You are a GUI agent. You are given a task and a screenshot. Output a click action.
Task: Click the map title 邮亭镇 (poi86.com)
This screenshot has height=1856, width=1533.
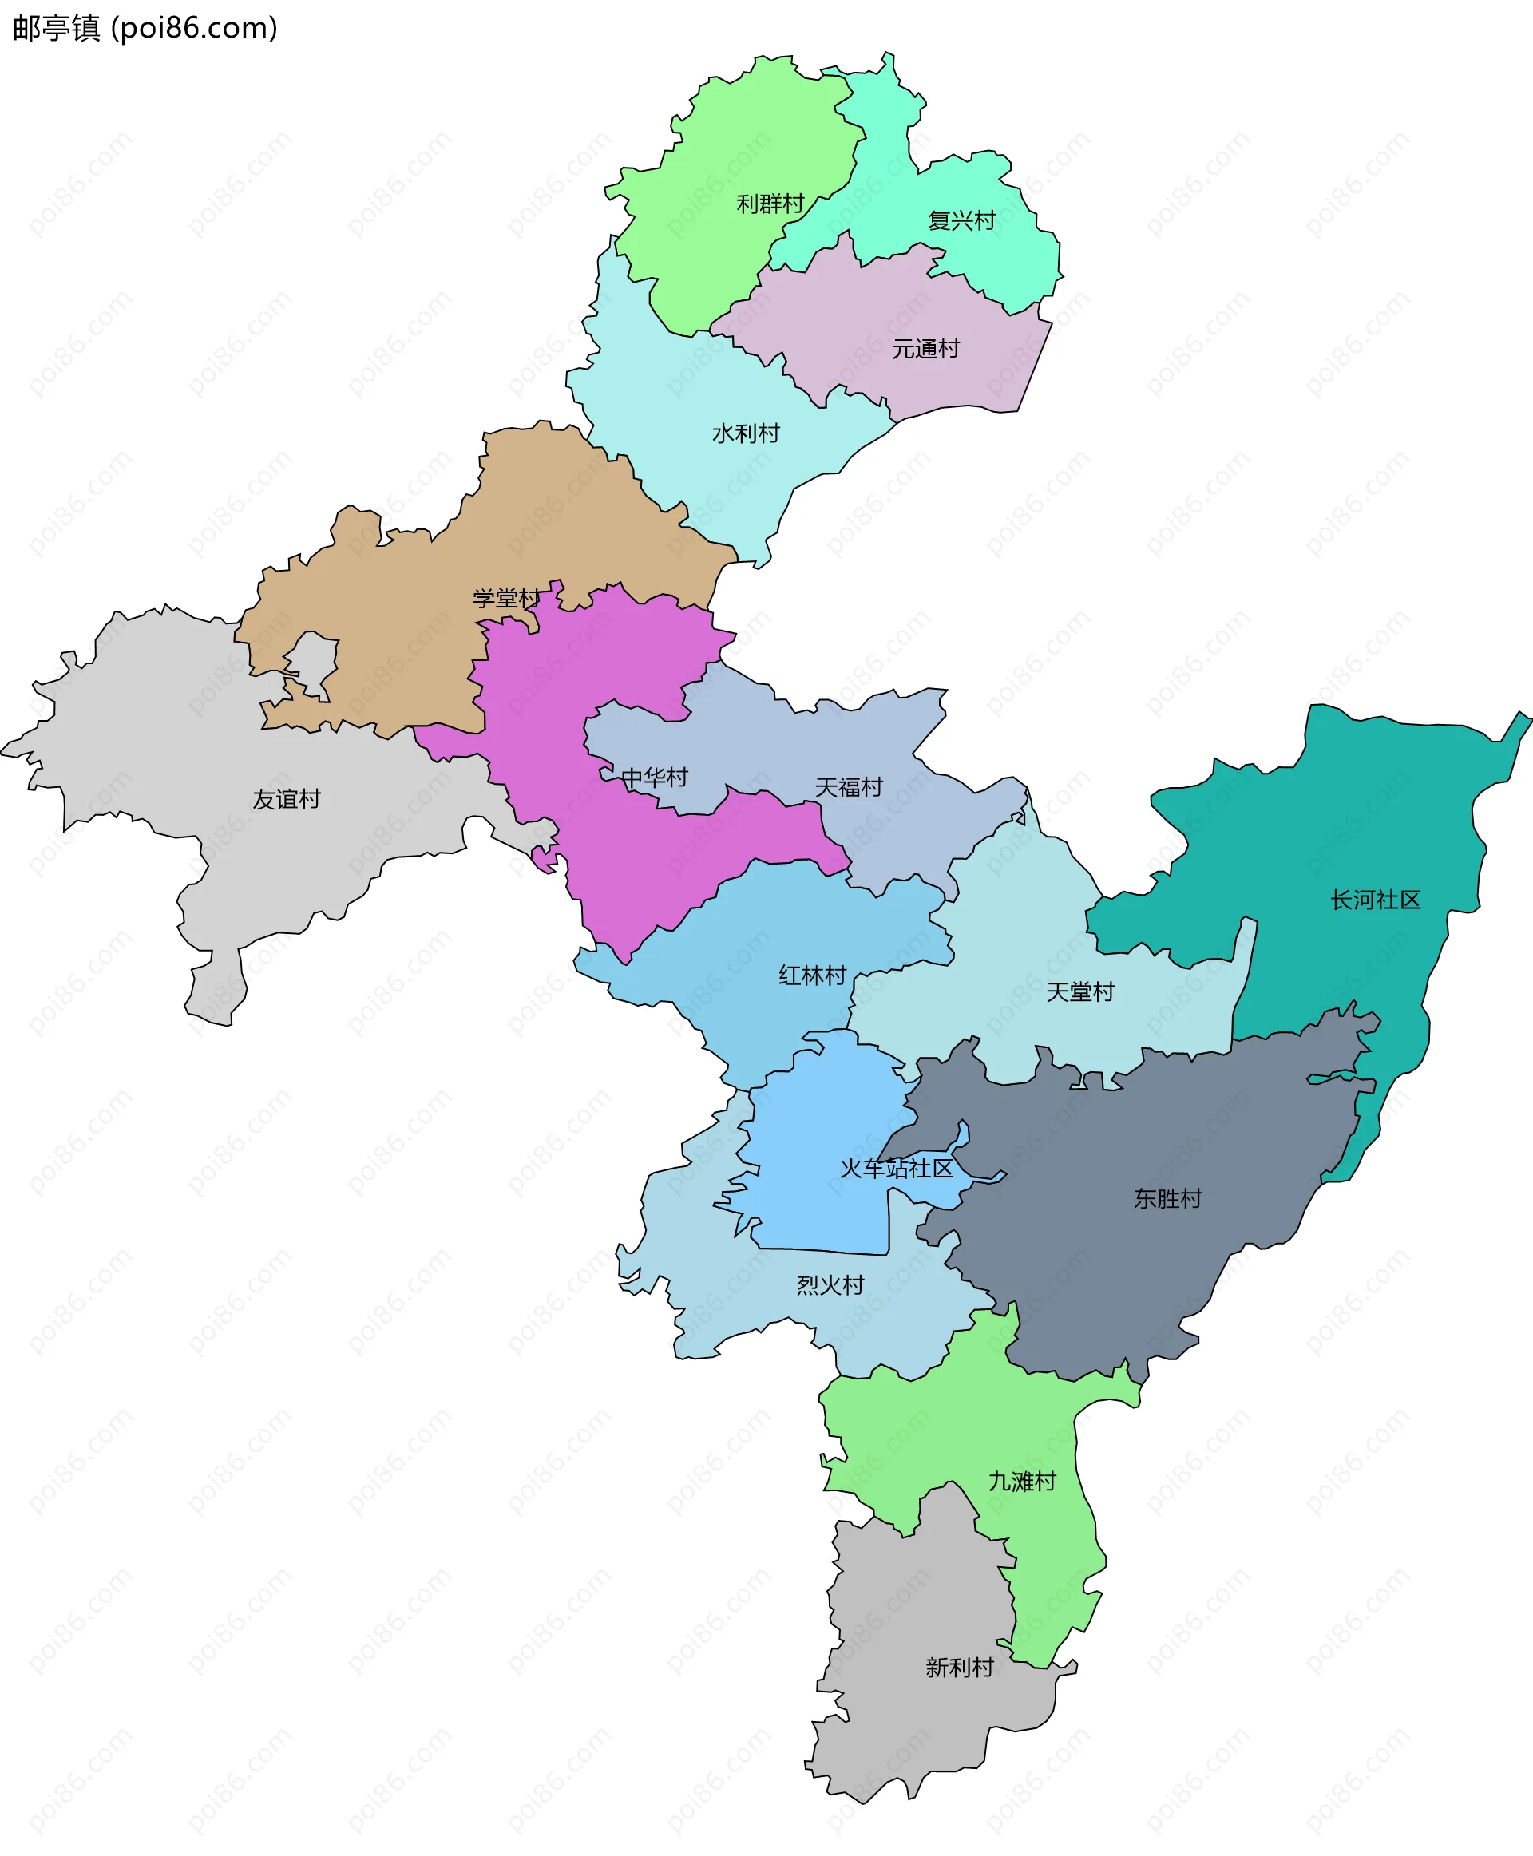coord(145,28)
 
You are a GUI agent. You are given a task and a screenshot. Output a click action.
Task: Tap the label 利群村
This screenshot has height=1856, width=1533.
coord(770,205)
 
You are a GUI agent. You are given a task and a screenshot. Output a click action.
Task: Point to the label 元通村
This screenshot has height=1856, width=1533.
coord(925,350)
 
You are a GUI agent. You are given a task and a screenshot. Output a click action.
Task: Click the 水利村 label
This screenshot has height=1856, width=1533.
coord(747,433)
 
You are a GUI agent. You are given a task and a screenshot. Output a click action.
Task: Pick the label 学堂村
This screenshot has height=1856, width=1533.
coord(506,599)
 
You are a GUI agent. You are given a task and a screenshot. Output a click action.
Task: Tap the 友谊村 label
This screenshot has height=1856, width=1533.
coord(286,800)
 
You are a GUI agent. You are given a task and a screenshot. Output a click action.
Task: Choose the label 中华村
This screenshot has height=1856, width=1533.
coord(655,778)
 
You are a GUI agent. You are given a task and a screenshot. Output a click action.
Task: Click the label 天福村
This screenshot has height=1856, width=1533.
coord(849,788)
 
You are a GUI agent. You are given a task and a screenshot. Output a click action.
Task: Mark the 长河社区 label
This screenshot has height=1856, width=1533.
coord(1376,900)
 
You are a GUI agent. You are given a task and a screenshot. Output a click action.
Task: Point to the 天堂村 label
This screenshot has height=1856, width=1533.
coord(1080,992)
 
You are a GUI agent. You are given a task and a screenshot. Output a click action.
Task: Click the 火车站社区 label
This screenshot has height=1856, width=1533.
coord(897,1169)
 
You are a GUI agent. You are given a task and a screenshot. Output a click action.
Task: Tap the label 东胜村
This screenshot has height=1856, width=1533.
coord(1168,1199)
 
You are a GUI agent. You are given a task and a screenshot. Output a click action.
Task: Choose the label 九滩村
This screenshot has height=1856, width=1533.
coord(1022,1482)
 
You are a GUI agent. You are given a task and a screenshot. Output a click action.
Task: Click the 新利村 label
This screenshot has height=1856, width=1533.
coord(960,1668)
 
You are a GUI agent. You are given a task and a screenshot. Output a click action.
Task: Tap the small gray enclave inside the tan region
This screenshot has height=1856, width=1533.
coord(311,659)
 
